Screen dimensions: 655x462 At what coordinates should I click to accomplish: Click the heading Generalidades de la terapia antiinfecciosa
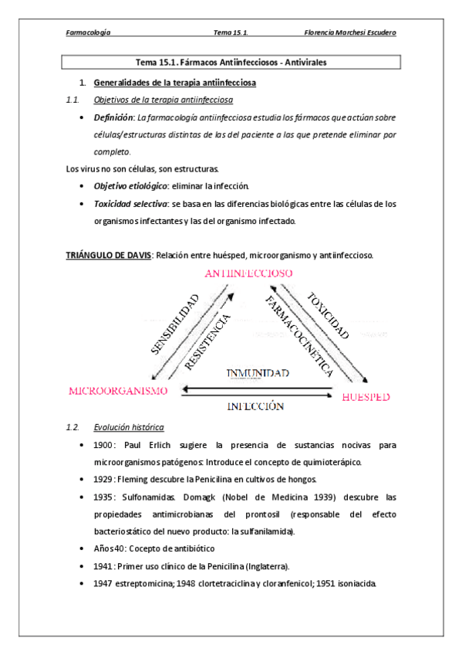[175, 82]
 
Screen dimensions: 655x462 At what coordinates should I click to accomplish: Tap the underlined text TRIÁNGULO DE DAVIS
[107, 255]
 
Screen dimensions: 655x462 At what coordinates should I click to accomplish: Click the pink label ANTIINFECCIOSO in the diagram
[248, 275]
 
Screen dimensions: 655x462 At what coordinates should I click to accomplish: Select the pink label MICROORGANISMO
[118, 391]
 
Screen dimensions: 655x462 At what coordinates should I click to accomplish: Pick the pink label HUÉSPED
[365, 397]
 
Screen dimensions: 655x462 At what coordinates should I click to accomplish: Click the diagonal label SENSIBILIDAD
[175, 324]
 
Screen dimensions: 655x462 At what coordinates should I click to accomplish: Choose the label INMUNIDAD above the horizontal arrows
[257, 373]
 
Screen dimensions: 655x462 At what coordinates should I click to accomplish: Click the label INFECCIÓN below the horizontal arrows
[255, 406]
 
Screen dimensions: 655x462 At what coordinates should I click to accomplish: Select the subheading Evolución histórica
[128, 427]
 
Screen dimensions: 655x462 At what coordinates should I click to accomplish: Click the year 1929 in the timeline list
[103, 480]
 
